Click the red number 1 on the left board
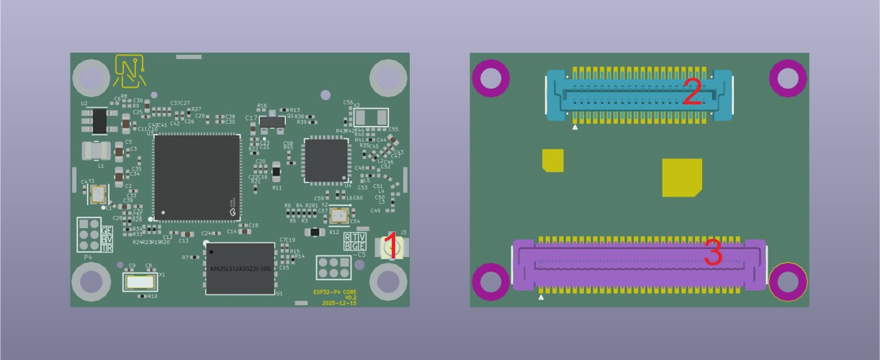click(390, 246)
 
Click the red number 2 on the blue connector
click(691, 93)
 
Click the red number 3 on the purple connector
click(713, 253)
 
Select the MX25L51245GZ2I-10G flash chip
click(241, 269)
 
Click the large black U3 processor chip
click(196, 177)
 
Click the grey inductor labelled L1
click(96, 150)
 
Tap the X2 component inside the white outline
click(371, 117)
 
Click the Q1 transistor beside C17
click(272, 123)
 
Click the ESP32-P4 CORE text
click(335, 292)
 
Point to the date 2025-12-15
click(338, 304)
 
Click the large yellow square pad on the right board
click(681, 177)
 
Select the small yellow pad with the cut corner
click(552, 160)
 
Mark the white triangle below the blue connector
click(575, 127)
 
